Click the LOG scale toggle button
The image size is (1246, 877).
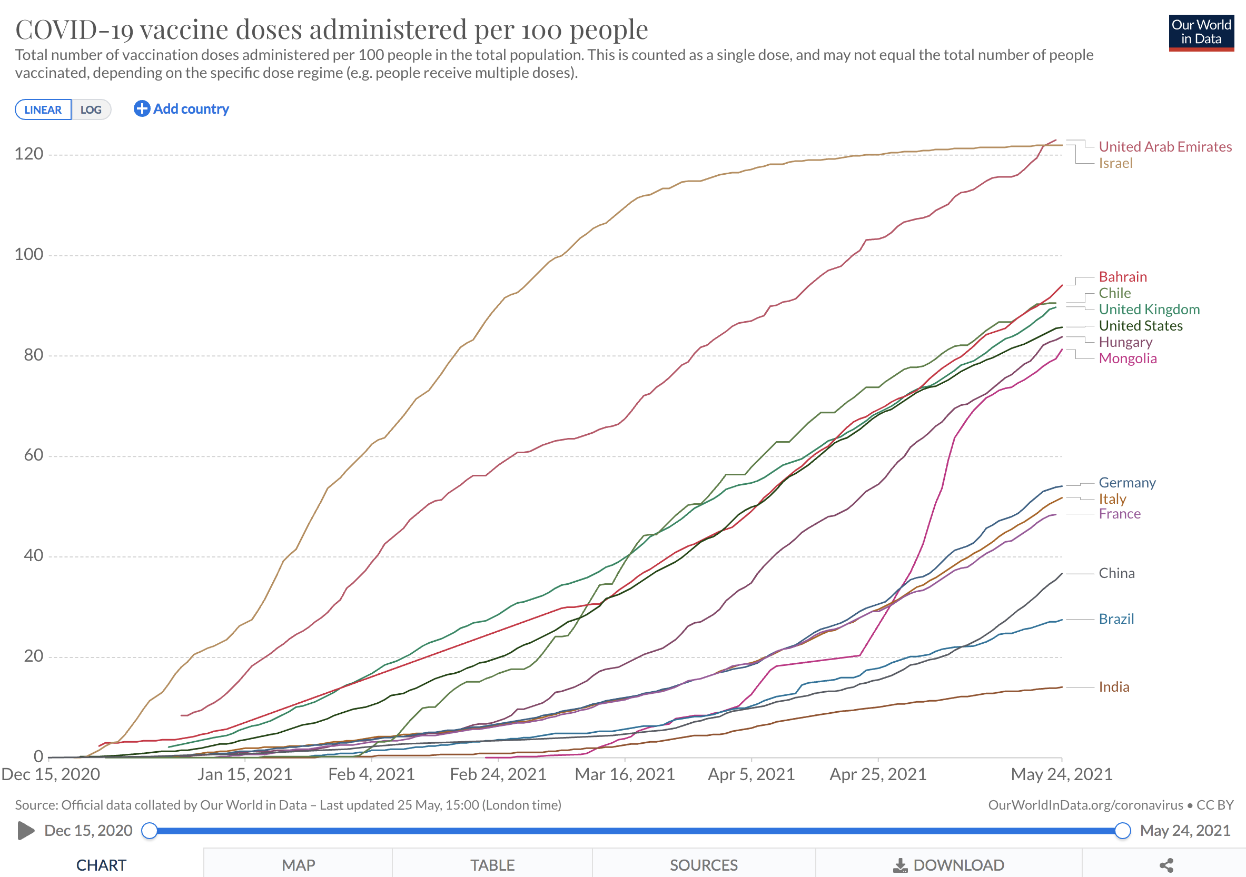point(91,109)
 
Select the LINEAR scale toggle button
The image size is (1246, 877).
point(43,109)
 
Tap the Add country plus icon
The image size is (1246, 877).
point(142,109)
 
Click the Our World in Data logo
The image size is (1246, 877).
point(1201,33)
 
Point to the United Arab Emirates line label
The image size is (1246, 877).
point(1164,147)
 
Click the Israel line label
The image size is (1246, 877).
point(1115,163)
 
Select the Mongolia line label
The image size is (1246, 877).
point(1127,358)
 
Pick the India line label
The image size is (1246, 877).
point(1114,687)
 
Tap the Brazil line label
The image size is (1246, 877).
point(1116,619)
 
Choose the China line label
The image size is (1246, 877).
point(1116,573)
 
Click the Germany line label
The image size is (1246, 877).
point(1126,483)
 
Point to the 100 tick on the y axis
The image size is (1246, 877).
point(29,254)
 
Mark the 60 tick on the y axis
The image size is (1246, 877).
point(33,455)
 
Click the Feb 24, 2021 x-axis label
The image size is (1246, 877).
point(498,774)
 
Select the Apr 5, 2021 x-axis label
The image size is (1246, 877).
point(751,774)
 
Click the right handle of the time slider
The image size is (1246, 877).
point(1122,831)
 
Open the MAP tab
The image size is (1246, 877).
point(298,865)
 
